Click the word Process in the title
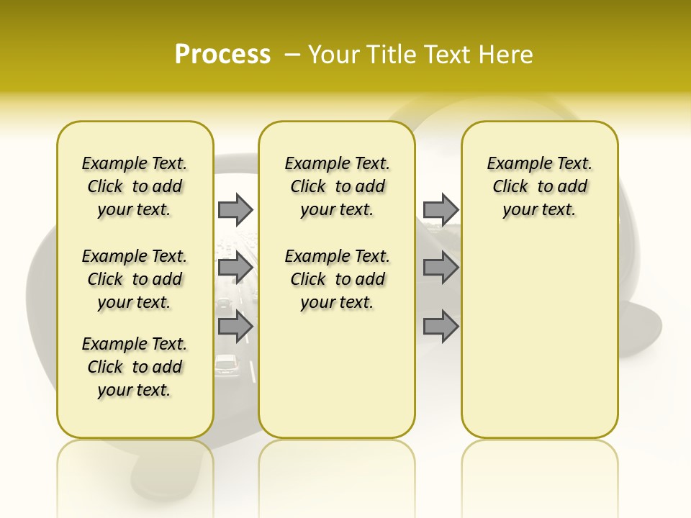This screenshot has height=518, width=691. [222, 55]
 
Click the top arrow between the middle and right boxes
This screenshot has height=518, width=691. [441, 209]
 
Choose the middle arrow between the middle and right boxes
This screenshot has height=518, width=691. [441, 268]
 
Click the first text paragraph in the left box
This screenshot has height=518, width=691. [135, 186]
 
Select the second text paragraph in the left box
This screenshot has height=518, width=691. [135, 279]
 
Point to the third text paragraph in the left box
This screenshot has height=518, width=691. [135, 367]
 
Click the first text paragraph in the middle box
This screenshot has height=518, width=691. [337, 186]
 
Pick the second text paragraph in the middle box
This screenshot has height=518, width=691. [337, 279]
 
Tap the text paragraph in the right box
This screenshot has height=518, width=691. [539, 186]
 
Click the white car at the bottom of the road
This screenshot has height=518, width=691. [227, 365]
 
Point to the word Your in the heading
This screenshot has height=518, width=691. [332, 55]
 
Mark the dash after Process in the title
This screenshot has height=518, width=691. [292, 55]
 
